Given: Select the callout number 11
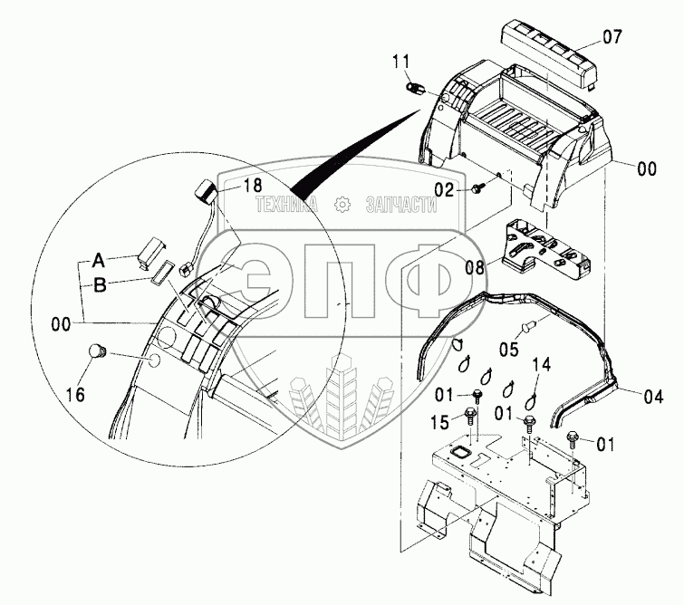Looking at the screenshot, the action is pos(401,62).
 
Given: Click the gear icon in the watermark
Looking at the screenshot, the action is pos(342,205).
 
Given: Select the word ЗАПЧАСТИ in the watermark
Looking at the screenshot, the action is pos(400,206).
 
